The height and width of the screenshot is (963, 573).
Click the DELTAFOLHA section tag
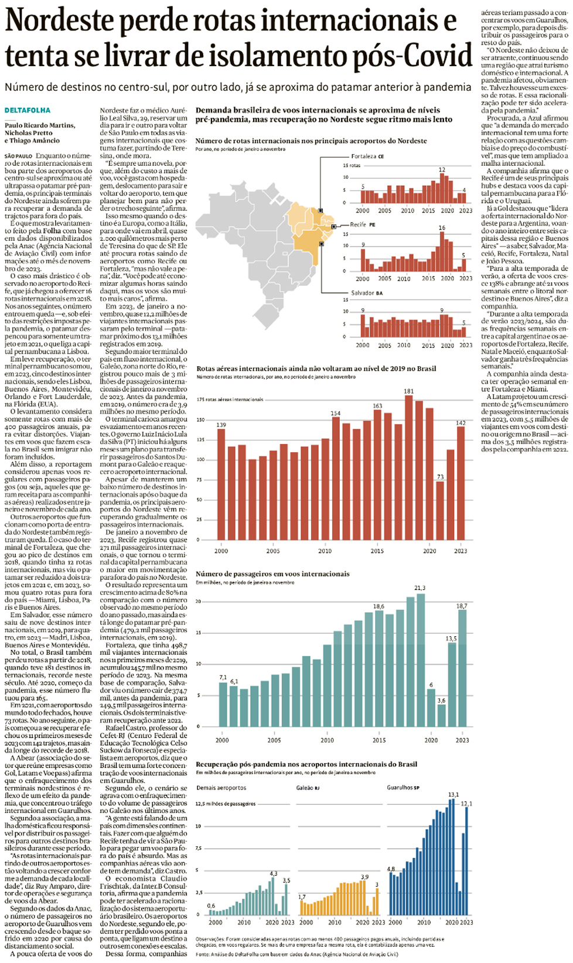28,110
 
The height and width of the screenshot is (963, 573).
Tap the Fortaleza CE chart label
367,156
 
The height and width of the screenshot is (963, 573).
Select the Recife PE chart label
363,224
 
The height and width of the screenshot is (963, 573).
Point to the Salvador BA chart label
367,293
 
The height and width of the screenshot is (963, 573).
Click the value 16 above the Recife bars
442,228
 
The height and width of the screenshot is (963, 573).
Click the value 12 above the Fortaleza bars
442,170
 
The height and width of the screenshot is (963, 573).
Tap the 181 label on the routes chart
408,391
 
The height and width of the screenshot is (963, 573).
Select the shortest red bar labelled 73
440,510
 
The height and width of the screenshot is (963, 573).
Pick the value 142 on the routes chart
461,423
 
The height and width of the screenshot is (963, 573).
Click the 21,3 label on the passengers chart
419,588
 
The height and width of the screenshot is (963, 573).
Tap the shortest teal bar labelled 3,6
441,715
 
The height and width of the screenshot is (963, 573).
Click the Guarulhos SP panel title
403,788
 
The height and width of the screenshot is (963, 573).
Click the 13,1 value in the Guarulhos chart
453,795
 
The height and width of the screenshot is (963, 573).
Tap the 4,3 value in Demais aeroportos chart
273,873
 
